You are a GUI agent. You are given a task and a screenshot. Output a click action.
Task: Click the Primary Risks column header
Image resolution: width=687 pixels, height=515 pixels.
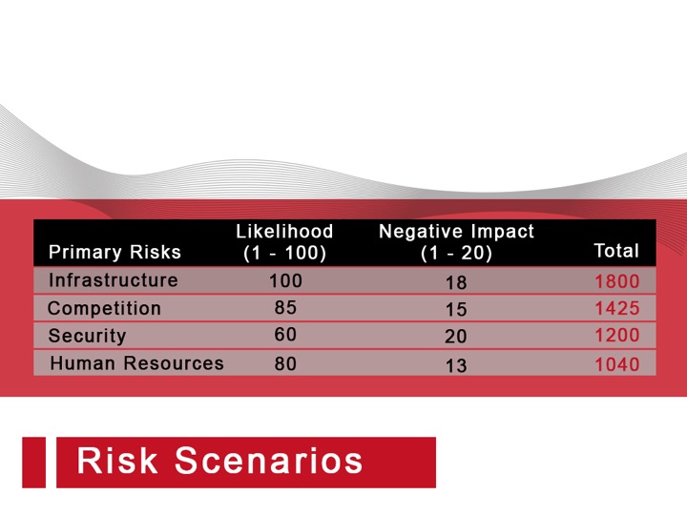[x=114, y=252]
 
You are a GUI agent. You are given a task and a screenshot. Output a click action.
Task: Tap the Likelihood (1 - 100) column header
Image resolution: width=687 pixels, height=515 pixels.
[x=284, y=242]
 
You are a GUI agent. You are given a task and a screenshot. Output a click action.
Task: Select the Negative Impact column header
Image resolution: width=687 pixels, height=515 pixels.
[x=456, y=242]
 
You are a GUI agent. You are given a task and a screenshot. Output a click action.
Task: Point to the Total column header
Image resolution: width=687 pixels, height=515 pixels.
[x=616, y=251]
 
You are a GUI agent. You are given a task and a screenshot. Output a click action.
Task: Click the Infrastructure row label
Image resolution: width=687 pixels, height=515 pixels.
[x=114, y=280]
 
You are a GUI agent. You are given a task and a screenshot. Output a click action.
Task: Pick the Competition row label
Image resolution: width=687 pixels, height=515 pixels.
[x=104, y=308]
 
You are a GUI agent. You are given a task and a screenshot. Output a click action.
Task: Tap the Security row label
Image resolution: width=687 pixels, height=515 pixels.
[x=87, y=336]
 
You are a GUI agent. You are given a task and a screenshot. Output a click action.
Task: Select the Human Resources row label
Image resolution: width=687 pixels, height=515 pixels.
[x=136, y=363]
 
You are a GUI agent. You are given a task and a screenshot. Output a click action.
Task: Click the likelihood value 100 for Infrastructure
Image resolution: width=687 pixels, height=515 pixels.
[x=285, y=280]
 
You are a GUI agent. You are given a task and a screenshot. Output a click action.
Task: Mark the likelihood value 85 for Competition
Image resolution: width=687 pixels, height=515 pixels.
[x=285, y=307]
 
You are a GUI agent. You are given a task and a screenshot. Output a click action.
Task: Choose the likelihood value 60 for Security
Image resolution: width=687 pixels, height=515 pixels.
[x=285, y=335]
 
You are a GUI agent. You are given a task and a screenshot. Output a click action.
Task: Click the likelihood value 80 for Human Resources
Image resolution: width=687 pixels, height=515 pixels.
[x=285, y=363]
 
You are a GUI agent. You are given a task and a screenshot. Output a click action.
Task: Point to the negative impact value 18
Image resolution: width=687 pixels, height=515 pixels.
[x=456, y=283]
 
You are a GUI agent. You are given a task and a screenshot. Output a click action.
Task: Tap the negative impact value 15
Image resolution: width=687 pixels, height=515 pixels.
[x=456, y=310]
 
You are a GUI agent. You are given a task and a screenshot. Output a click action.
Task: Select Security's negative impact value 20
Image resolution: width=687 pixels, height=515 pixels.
[x=456, y=337]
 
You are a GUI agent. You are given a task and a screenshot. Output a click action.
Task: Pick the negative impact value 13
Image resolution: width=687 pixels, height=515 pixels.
[x=456, y=365]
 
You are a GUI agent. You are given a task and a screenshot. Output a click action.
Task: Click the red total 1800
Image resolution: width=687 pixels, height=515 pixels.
[x=617, y=281]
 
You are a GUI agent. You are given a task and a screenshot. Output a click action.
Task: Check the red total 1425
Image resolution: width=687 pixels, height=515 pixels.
[x=617, y=308]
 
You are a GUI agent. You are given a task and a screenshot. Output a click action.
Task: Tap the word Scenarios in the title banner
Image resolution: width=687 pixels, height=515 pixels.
[x=269, y=461]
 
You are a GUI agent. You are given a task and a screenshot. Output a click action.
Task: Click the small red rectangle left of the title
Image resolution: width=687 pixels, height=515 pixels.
[x=33, y=463]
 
